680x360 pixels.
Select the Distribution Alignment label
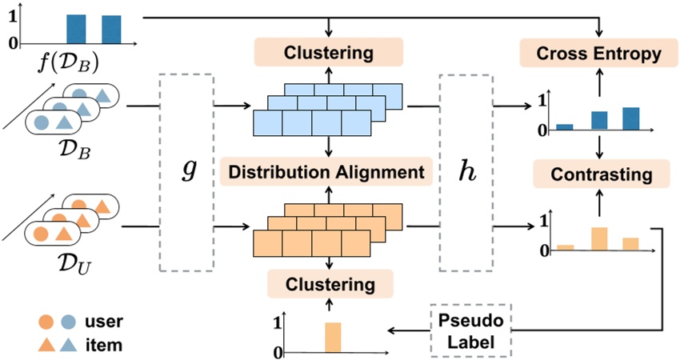coord(330,171)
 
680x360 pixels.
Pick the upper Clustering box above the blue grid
coord(330,54)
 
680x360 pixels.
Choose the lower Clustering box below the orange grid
coord(330,284)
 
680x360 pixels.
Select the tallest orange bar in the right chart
coord(598,238)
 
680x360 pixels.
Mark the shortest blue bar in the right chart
coord(565,126)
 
